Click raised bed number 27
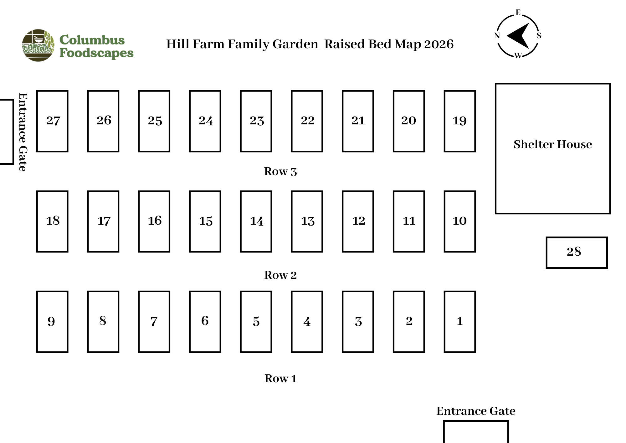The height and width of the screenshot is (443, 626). [52, 121]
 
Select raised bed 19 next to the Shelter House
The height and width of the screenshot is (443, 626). [460, 121]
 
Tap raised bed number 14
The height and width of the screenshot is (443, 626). [256, 221]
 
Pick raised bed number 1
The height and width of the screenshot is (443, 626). [460, 322]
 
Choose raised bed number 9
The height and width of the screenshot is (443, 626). [52, 322]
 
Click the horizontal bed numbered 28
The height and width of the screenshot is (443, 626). [577, 253]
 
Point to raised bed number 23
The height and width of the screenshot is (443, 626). [256, 121]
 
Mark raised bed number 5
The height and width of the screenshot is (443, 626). [256, 322]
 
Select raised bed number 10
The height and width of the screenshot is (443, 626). [460, 221]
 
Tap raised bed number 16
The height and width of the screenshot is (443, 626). [154, 221]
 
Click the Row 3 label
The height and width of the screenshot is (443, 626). [280, 172]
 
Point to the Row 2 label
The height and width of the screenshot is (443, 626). [280, 275]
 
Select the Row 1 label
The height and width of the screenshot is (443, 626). [280, 378]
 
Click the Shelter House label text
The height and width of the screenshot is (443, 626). [553, 144]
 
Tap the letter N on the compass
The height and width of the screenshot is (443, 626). [497, 35]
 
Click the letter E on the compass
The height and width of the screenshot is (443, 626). [518, 13]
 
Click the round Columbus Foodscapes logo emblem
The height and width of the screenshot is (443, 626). [38, 45]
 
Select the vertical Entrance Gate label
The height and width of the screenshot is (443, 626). [23, 132]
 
